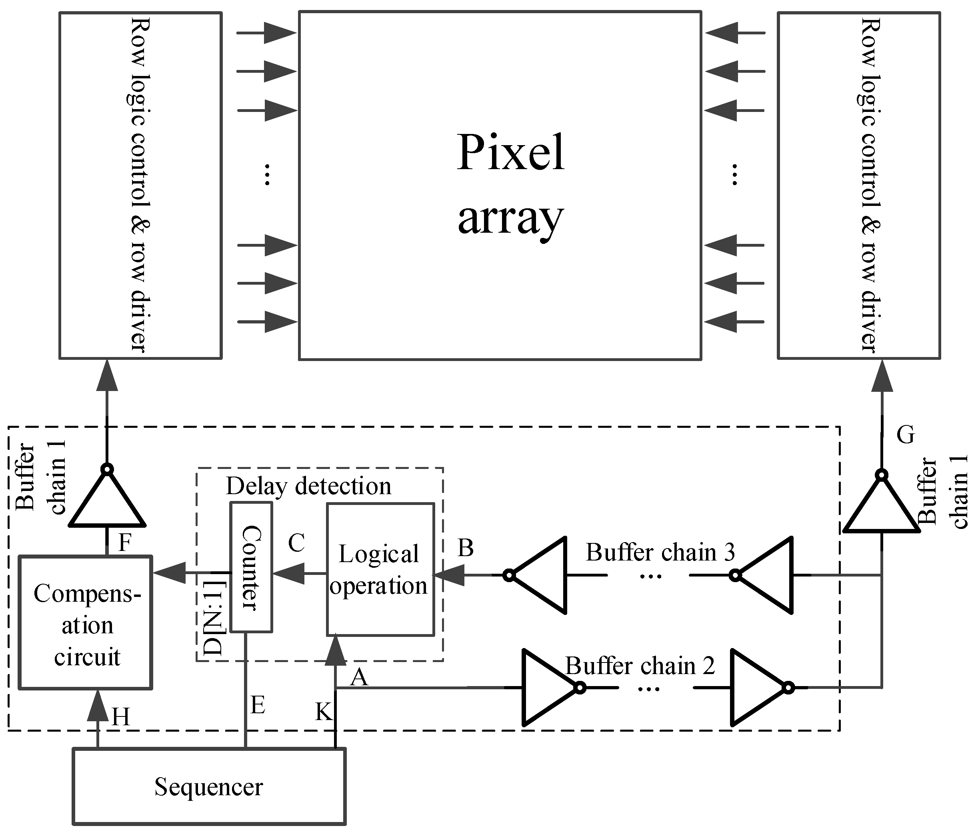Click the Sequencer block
209,787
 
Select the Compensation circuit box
85,623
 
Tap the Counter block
251,567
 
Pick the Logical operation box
380,569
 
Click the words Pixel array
510,184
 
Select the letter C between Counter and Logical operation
296,543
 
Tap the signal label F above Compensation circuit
124,543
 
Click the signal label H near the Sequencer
121,717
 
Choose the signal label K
324,712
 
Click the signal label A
359,678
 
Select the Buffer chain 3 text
660,552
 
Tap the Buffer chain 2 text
640,666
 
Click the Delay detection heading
308,486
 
